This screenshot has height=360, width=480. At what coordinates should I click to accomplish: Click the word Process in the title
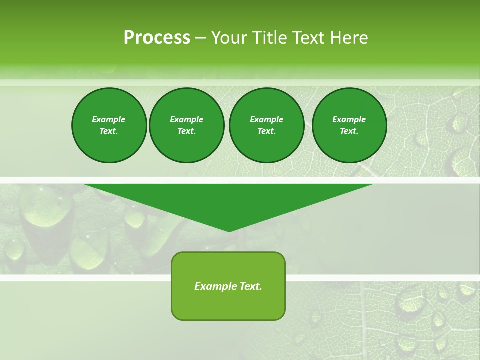[x=157, y=38]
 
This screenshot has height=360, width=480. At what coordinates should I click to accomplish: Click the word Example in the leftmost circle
[x=109, y=119]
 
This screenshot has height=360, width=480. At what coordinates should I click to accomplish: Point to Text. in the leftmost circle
[x=109, y=131]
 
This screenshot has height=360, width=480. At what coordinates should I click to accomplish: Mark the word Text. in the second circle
[x=187, y=131]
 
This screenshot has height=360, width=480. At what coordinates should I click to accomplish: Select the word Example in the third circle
[x=266, y=119]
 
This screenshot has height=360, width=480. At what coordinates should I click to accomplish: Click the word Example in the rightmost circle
[x=349, y=119]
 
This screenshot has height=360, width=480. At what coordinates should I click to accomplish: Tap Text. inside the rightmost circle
[x=349, y=131]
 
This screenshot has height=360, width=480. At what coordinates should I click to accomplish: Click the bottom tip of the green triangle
[x=229, y=230]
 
